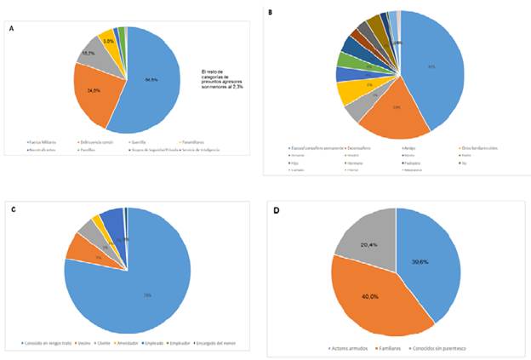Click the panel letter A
pos(11,28)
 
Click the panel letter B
pos(270,13)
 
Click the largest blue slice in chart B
pos(434,68)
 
